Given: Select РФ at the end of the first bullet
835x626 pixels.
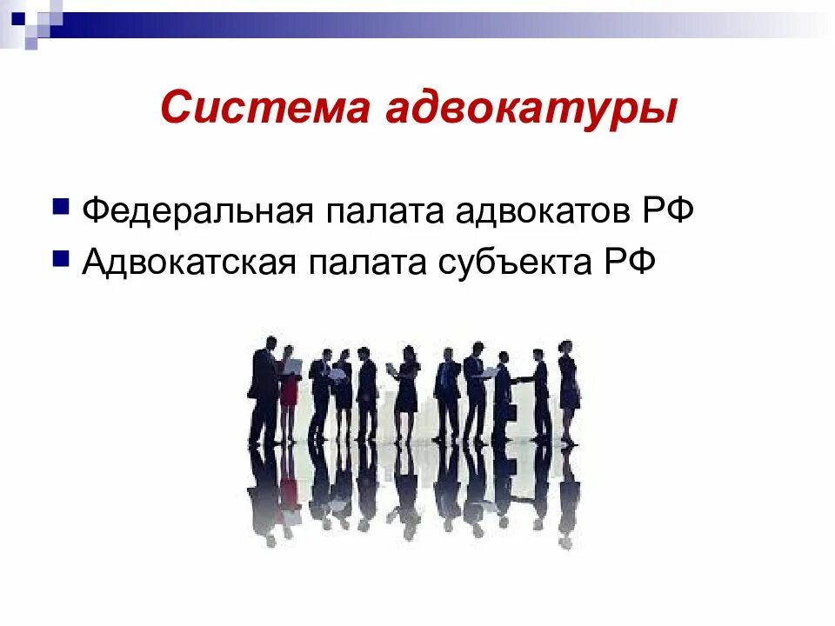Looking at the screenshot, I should click(668, 211).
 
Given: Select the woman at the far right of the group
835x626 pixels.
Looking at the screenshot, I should click(567, 387).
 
